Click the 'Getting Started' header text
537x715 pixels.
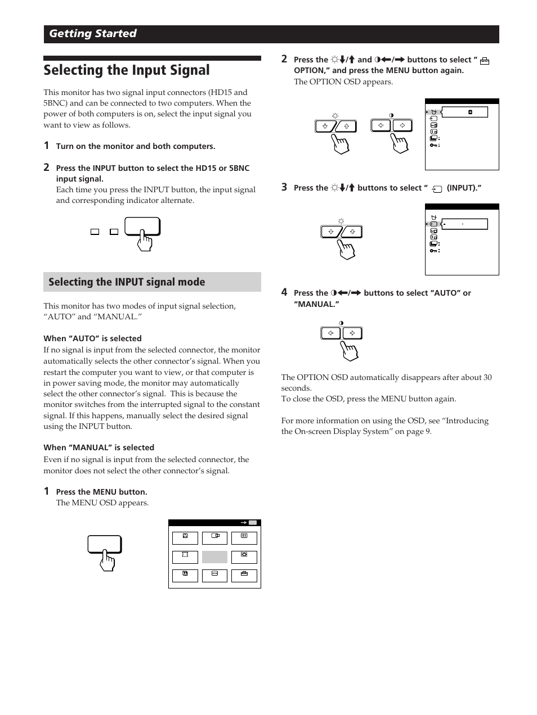[x=93, y=34]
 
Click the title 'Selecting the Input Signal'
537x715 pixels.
[x=127, y=70]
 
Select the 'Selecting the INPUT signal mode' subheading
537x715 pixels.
[x=127, y=282]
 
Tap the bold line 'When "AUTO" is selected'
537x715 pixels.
[x=92, y=338]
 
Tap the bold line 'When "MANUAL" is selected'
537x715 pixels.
[x=99, y=447]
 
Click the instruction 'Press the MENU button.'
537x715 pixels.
[x=101, y=492]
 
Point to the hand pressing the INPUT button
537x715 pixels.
[x=145, y=240]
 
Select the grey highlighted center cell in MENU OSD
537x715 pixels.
[x=214, y=557]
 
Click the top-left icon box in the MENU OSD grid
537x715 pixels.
[x=185, y=538]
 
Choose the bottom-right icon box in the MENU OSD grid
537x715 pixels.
[x=244, y=576]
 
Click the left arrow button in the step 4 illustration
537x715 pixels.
[x=330, y=333]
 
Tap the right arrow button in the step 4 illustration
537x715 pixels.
[x=352, y=333]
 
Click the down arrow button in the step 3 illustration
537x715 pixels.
[x=330, y=232]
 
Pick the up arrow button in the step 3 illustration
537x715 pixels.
[x=352, y=232]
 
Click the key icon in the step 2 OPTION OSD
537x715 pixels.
[x=434, y=145]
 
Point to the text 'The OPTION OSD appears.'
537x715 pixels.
[x=343, y=82]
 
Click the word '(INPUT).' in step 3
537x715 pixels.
[x=464, y=188]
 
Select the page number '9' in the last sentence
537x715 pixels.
[x=428, y=432]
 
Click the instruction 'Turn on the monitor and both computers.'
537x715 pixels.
[x=135, y=146]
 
